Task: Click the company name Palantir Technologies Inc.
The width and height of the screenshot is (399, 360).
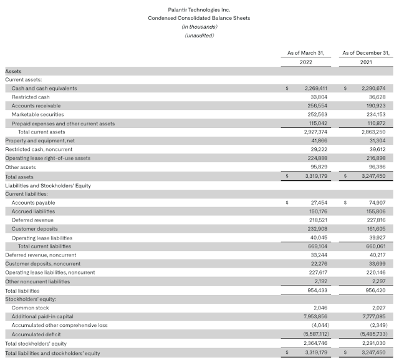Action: click(x=199, y=9)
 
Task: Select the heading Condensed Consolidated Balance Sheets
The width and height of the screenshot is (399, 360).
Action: click(x=199, y=18)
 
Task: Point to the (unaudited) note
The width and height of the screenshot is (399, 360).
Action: click(x=199, y=36)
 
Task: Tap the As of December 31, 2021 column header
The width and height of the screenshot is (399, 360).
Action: click(x=366, y=58)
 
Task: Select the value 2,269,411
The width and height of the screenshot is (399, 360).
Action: click(x=315, y=88)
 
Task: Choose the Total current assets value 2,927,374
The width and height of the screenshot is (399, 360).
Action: click(x=315, y=132)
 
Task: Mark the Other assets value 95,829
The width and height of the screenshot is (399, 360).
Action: click(x=318, y=167)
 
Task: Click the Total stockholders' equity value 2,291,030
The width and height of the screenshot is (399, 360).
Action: click(x=374, y=343)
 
